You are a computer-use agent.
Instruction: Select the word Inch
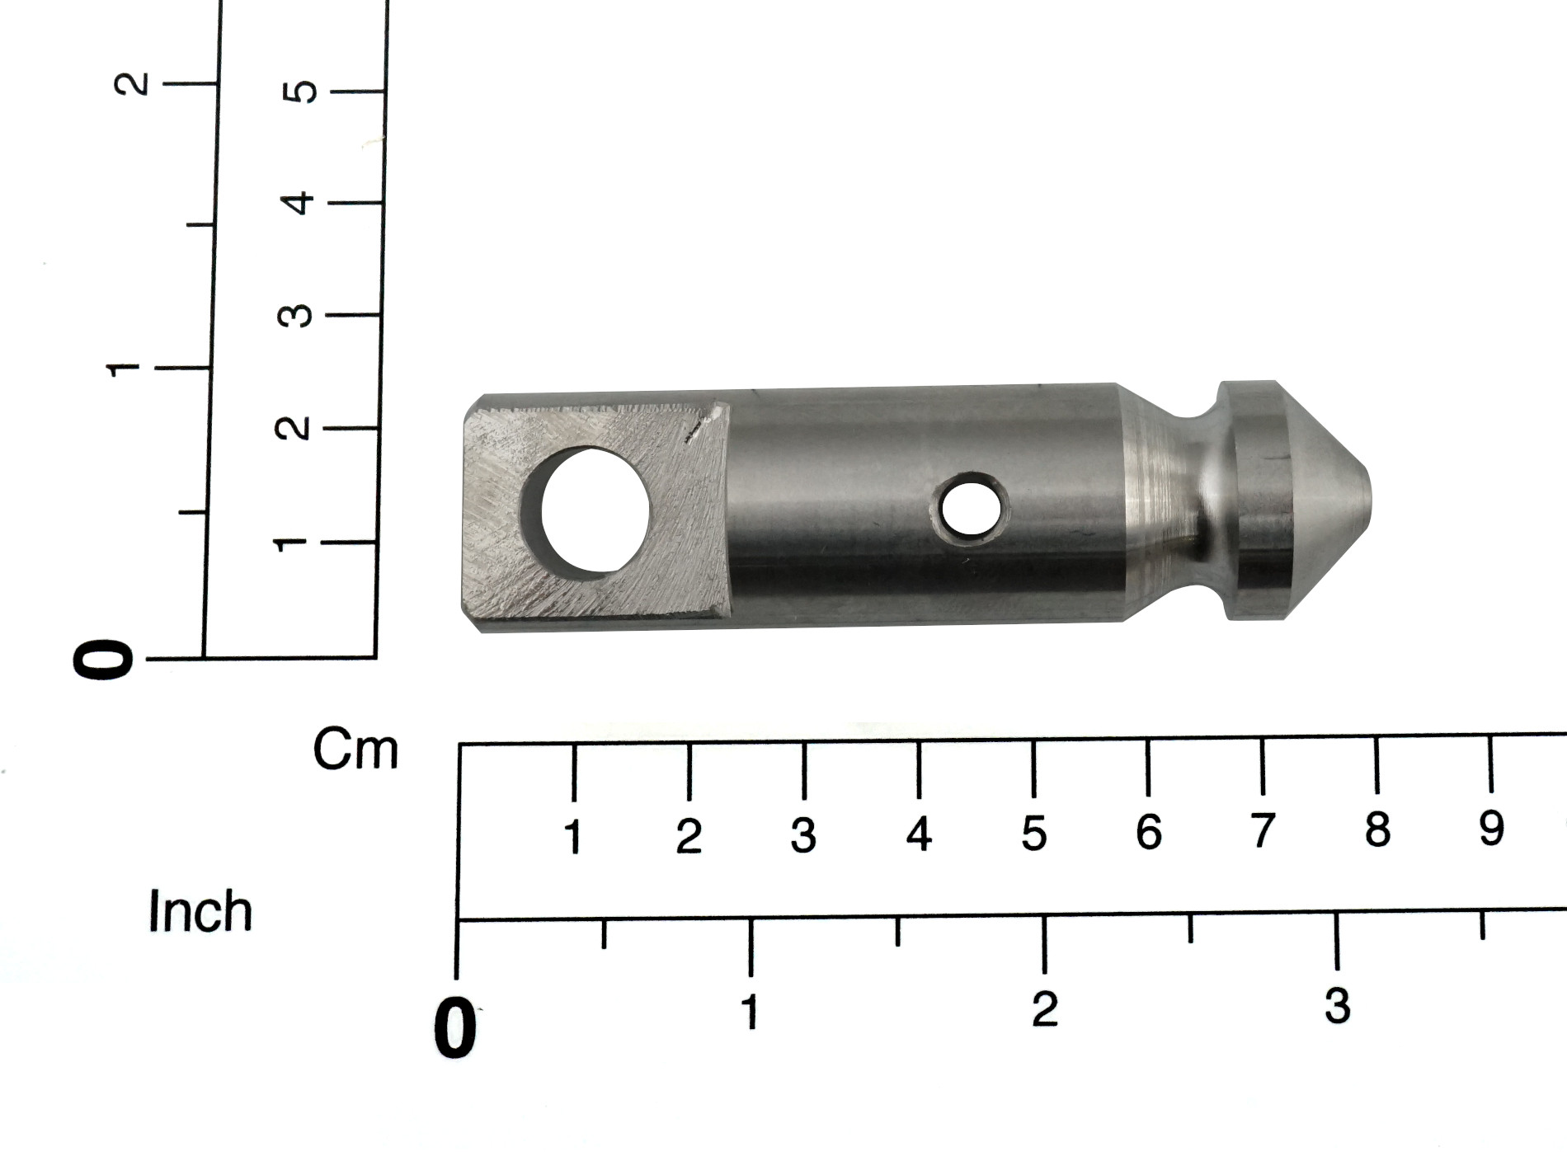(200, 911)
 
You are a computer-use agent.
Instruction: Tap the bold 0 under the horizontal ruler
(455, 1027)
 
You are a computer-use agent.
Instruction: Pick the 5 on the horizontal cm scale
(1033, 834)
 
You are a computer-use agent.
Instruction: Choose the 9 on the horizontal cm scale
(1491, 828)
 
